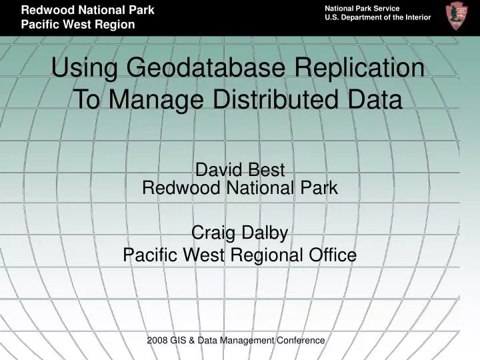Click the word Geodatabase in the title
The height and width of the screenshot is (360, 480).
click(193, 69)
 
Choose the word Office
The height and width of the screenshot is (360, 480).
click(331, 254)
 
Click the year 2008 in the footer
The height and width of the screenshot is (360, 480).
click(157, 340)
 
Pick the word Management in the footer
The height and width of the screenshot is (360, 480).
click(249, 340)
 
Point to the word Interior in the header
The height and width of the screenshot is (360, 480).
click(415, 17)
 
